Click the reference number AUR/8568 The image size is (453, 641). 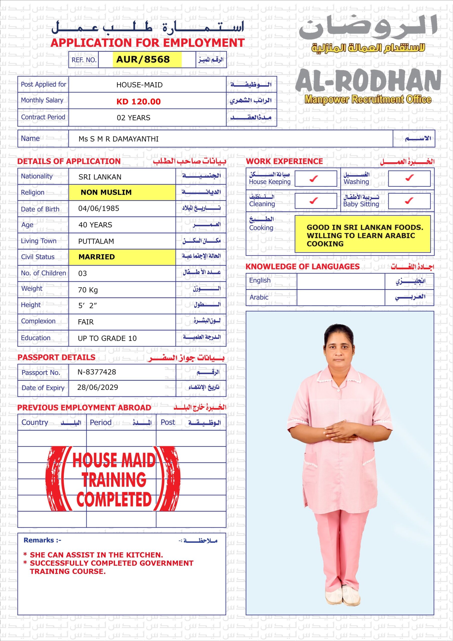click(143, 59)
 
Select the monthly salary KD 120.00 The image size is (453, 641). click(138, 101)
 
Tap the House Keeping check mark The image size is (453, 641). click(314, 178)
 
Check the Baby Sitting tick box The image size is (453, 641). click(409, 201)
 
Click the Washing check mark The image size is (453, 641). click(409, 178)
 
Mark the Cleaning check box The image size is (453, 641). click(314, 201)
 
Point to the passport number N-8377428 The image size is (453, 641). click(97, 372)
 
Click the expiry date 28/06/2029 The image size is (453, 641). click(97, 387)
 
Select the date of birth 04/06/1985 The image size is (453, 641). click(99, 208)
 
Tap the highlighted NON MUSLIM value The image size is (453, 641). click(106, 192)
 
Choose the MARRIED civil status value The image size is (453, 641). click(97, 257)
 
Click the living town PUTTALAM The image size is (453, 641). click(96, 241)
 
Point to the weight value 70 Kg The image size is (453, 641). click(88, 290)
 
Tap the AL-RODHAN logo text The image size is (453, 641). click(368, 81)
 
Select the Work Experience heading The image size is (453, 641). click(284, 161)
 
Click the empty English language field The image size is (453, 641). click(341, 281)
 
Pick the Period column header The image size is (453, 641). click(101, 422)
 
